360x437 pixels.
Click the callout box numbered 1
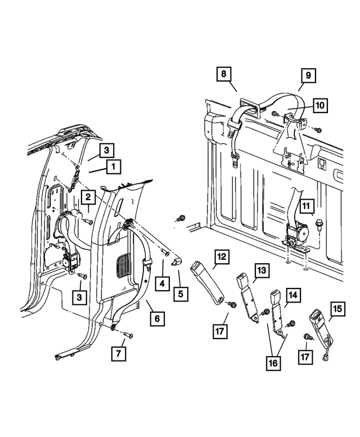[113, 166]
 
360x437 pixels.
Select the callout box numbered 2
[88, 197]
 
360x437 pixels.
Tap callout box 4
[162, 283]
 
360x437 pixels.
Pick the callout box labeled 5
[181, 294]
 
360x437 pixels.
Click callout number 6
[157, 318]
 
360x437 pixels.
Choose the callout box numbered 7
[119, 354]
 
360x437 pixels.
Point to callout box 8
[224, 74]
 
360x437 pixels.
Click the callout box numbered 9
[308, 75]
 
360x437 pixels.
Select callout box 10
[320, 105]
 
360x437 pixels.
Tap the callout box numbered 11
[307, 206]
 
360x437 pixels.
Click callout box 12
[222, 257]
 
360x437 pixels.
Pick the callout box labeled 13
[262, 271]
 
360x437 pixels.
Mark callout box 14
[293, 295]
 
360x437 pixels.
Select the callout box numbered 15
[337, 309]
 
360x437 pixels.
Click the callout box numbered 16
[273, 363]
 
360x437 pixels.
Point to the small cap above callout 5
[177, 262]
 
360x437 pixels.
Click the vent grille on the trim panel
[123, 265]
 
